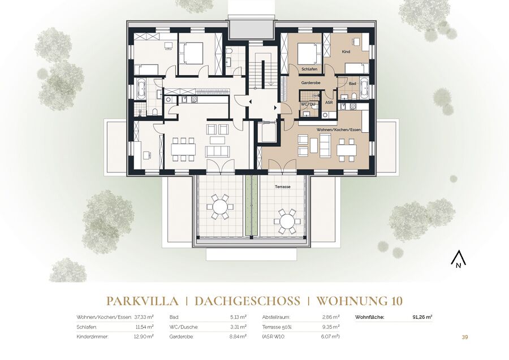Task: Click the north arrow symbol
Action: pos(458,260)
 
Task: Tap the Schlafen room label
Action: pos(309,69)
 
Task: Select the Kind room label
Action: pos(346,51)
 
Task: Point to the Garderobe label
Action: pos(310,83)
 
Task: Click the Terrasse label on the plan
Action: pos(282,187)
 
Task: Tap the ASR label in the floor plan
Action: pos(329,102)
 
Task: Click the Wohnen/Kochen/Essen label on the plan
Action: pos(339,130)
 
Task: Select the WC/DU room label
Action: pos(308,105)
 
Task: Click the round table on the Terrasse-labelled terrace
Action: pos(287,222)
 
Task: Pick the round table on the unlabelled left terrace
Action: pos(220,206)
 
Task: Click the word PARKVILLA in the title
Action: pos(143,301)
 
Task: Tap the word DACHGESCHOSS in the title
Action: pos(247,301)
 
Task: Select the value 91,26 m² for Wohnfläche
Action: pos(422,317)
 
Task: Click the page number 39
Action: pos(465,337)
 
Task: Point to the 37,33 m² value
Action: pos(144,317)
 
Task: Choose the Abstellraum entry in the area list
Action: pos(276,317)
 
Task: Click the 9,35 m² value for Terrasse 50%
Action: pos(331,327)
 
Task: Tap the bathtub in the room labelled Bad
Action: pos(364,88)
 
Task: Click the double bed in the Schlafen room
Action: pos(307,54)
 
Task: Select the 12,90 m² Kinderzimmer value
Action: pos(144,337)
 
